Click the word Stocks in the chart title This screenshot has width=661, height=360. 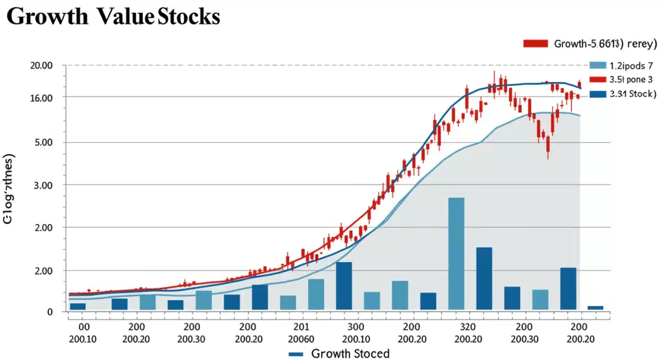click(x=188, y=17)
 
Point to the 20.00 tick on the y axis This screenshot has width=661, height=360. click(x=41, y=66)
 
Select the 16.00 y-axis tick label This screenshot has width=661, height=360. click(x=41, y=98)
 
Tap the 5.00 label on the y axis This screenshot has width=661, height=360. click(x=43, y=143)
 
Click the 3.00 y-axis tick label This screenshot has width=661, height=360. click(x=43, y=186)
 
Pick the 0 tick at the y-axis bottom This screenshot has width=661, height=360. click(x=49, y=312)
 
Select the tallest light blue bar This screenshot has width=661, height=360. click(x=456, y=253)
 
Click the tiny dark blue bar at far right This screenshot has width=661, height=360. click(x=595, y=308)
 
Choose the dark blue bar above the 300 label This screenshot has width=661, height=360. click(x=344, y=286)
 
